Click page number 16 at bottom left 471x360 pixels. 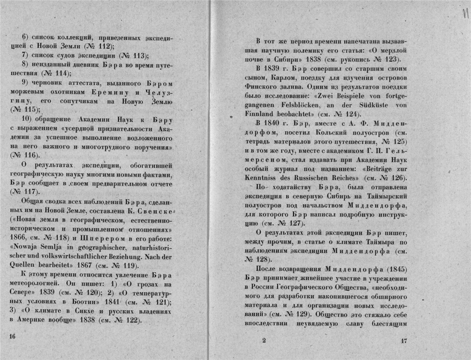12,336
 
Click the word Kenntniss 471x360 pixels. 264,177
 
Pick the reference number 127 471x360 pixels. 288,223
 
